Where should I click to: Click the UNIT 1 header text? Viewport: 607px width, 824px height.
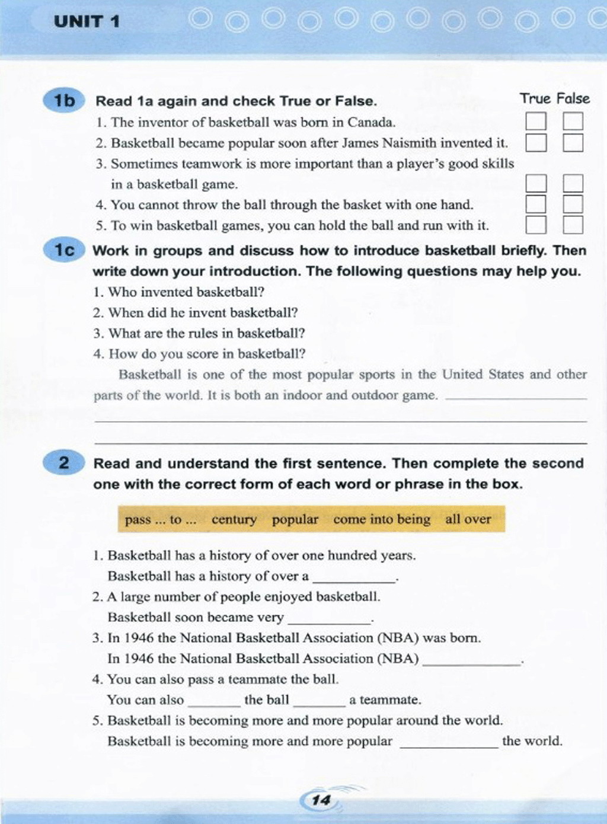[x=87, y=22]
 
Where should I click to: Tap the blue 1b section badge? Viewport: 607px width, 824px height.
[x=64, y=101]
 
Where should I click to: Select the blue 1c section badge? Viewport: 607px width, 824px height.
[x=64, y=251]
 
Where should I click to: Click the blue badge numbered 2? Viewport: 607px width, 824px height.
[x=64, y=463]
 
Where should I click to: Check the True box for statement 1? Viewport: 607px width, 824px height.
[x=535, y=122]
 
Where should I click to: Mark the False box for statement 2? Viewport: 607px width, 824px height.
[x=573, y=143]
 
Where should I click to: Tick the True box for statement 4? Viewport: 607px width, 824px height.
[x=535, y=205]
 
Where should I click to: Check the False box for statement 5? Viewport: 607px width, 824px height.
[x=573, y=225]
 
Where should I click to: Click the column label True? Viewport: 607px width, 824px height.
[x=535, y=99]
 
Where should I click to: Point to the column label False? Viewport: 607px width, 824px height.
[x=573, y=99]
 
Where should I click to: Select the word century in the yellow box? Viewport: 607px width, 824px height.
[x=234, y=520]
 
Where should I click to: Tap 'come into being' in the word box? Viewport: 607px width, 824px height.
[x=382, y=519]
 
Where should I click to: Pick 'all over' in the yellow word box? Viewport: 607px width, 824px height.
[x=468, y=519]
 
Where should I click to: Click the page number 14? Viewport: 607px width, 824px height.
[x=321, y=800]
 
